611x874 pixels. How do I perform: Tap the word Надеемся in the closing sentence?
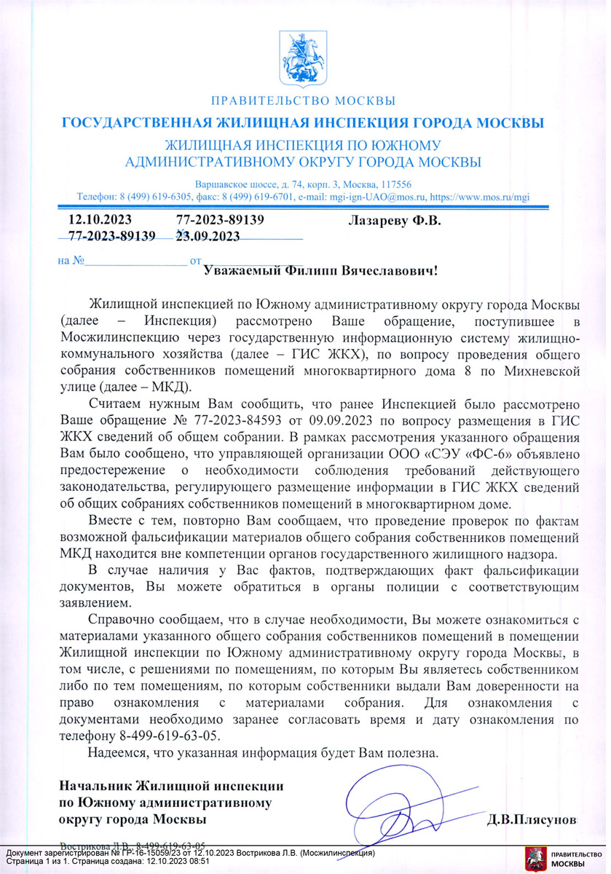click(114, 752)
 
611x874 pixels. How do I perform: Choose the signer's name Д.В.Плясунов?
click(532, 819)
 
